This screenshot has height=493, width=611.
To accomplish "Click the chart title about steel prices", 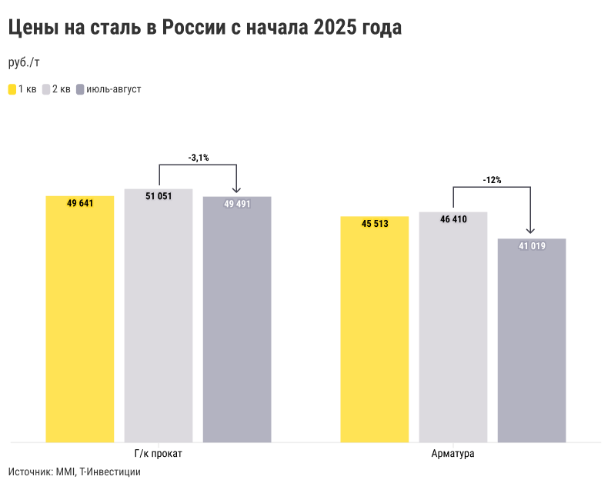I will coord(205,28).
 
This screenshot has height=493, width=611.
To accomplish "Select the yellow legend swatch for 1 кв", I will coord(12,89).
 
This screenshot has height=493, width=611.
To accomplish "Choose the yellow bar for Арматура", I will coord(375,331).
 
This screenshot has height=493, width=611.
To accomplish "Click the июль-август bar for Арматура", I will coord(532,342).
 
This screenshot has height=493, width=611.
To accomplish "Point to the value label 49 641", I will coord(80,204).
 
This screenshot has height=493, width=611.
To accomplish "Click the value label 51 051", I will coord(159,196).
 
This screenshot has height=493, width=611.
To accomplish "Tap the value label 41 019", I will coord(532,246).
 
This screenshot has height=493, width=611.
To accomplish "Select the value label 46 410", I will coord(453,219).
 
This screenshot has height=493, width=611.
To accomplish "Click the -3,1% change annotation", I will coord(199,158).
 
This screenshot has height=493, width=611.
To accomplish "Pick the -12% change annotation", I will coord(492,180).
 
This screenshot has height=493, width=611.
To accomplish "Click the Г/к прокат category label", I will coord(159,454).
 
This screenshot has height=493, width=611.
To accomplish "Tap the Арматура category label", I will coord(453,454).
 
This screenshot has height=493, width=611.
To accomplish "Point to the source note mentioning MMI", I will coord(75,471).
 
